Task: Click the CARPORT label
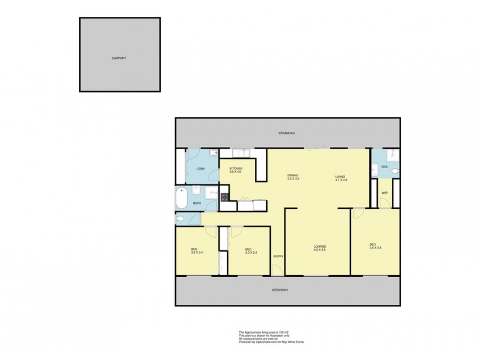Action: click(119, 58)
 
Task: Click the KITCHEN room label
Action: click(235, 168)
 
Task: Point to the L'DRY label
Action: click(201, 169)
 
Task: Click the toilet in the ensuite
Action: click(395, 172)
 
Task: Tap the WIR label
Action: click(384, 193)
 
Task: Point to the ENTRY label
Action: click(278, 257)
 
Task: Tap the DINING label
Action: click(293, 175)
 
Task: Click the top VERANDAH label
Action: click(286, 133)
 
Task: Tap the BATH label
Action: click(197, 204)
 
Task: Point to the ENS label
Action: click(385, 167)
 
